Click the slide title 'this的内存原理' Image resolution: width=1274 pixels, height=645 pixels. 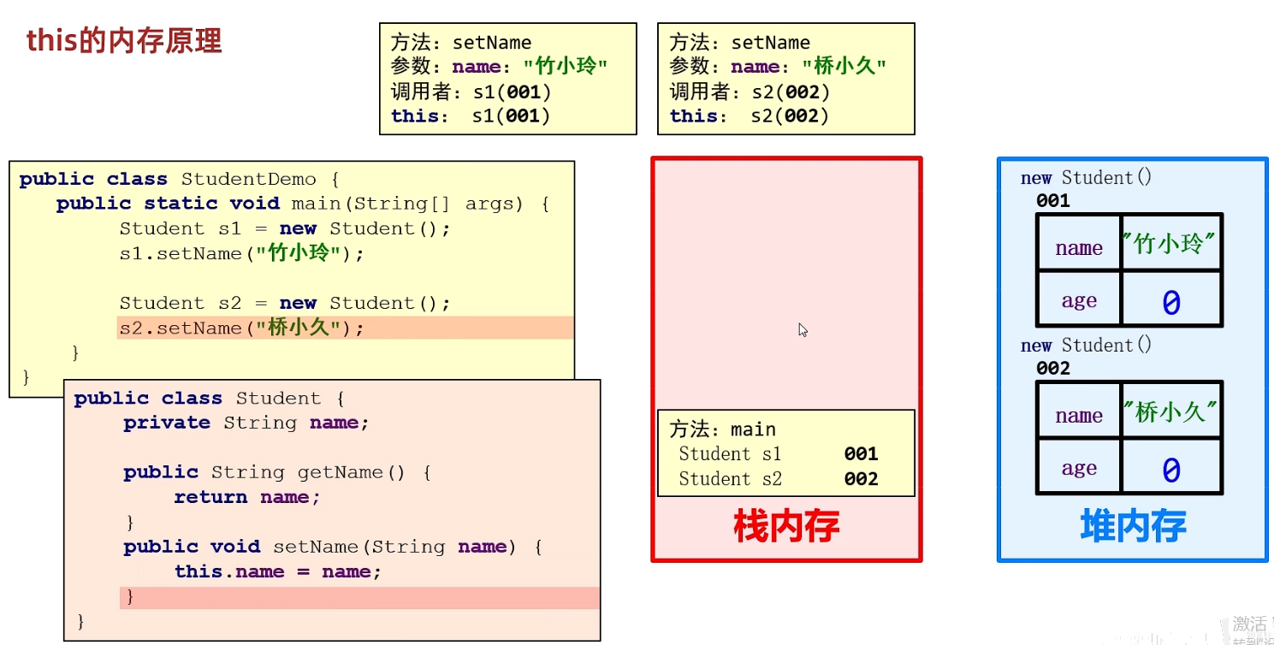124,40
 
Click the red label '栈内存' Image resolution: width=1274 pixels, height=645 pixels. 786,526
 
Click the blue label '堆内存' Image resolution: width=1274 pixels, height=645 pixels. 1133,526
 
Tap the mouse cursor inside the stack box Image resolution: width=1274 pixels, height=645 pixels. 803,329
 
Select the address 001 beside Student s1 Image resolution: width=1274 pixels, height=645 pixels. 861,454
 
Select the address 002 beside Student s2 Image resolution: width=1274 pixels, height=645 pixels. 861,479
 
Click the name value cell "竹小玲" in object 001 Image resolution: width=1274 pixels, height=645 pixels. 1170,244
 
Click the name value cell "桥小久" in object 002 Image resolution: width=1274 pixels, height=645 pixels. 1170,411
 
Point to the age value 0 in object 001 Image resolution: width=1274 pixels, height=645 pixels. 1170,301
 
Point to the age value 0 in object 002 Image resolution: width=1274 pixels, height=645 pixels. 1170,469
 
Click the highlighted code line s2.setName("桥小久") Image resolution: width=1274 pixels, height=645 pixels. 241,328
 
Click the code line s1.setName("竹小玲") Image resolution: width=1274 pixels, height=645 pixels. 241,253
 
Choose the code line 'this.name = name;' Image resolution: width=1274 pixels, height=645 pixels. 278,571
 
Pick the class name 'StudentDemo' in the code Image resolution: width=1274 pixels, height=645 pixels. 248,180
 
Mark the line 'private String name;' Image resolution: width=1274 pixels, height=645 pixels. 246,423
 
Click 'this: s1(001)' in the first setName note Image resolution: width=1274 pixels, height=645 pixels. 471,116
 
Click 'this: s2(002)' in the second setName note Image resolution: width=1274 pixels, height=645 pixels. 750,116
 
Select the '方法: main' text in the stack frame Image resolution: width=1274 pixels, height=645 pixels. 723,429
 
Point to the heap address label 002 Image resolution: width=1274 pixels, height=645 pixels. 1053,369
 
